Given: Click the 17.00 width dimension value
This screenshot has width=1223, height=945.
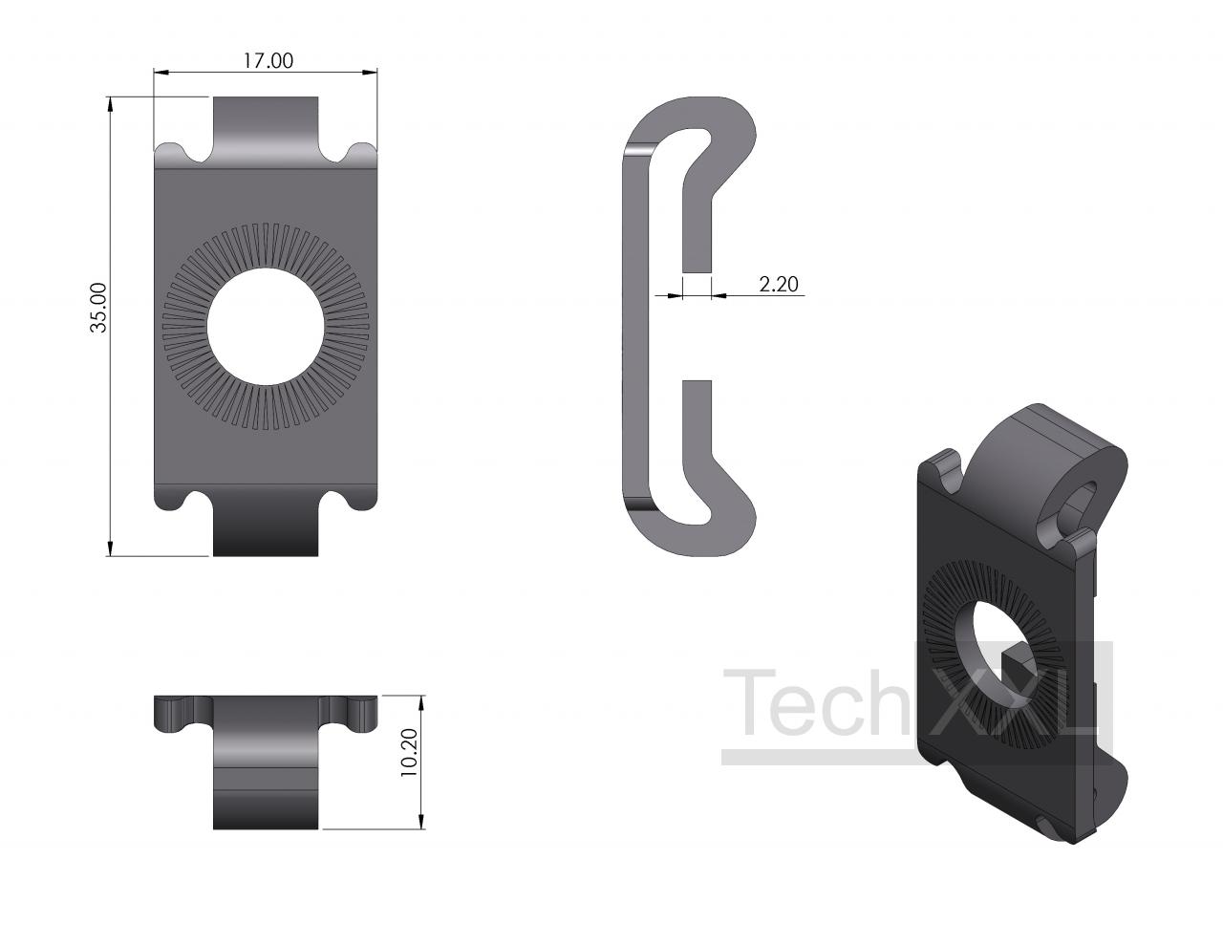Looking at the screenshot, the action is point(268,60).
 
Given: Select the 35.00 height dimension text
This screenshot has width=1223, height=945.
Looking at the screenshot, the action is point(98,308).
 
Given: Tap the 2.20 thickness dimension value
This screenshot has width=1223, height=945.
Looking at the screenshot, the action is point(779,284).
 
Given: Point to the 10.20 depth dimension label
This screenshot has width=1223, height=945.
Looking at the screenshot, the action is point(409,753).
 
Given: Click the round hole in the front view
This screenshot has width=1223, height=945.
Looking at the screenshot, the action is point(266,327).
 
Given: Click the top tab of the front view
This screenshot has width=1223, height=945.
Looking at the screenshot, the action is point(266,128).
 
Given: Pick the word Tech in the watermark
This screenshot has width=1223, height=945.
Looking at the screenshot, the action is point(816,702).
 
